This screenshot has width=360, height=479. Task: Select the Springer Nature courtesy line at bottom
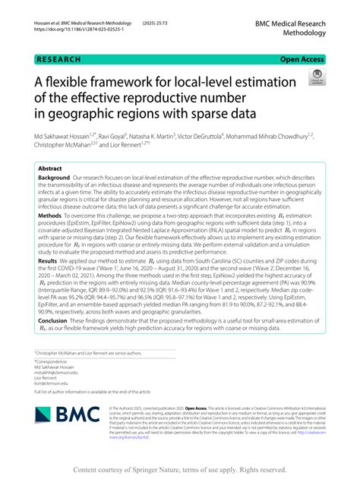pyautogui.click(x=179, y=469)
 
